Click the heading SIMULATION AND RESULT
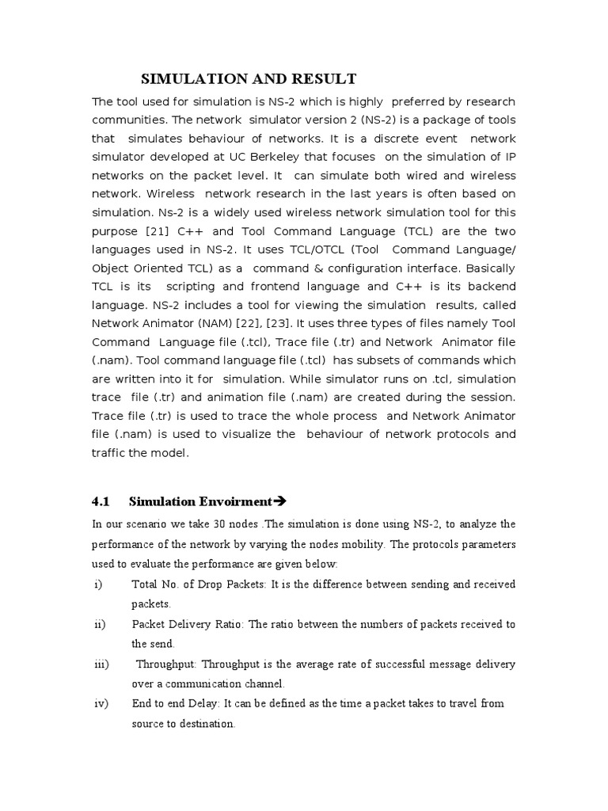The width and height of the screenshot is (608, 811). (249, 78)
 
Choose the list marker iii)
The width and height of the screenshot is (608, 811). (101, 664)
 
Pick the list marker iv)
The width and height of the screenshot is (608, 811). (100, 703)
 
